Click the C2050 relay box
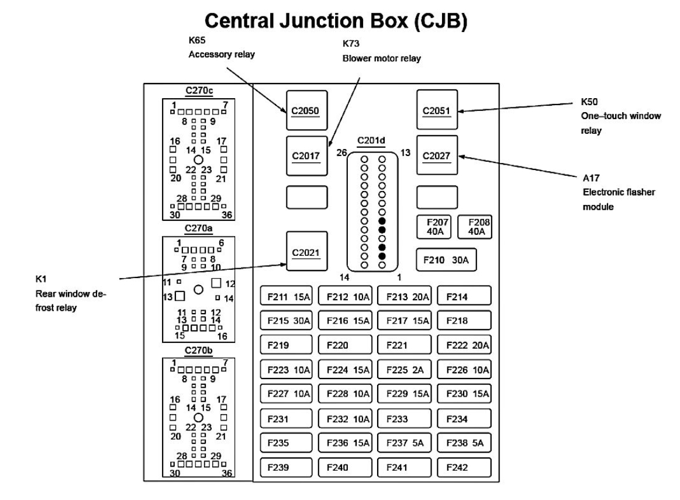(x=306, y=110)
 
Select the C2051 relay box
(x=437, y=110)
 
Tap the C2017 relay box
(x=306, y=155)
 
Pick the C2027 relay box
(x=437, y=155)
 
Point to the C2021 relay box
(x=306, y=251)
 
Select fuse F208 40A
(x=474, y=227)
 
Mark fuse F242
(x=464, y=467)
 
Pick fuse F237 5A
(x=404, y=443)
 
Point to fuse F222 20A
(x=464, y=345)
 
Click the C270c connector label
(x=198, y=91)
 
